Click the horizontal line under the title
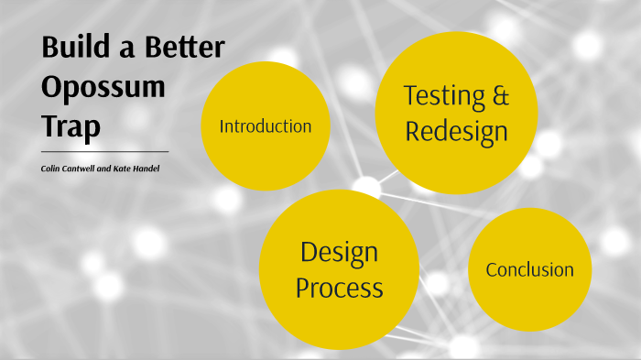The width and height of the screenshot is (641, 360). tap(104, 151)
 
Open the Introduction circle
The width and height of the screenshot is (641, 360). tap(266, 126)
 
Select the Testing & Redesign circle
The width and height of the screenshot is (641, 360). tap(456, 113)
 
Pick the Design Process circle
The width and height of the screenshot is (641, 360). tap(339, 270)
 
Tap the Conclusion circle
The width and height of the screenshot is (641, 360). tap(529, 269)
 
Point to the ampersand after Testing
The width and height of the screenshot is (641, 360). tap(499, 95)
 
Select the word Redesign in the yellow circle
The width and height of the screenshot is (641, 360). tap(456, 132)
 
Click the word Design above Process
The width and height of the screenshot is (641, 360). tap(339, 252)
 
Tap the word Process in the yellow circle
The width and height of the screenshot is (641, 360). tap(339, 289)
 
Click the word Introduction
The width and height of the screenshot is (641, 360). tap(266, 126)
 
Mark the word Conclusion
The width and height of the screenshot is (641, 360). tap(529, 270)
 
